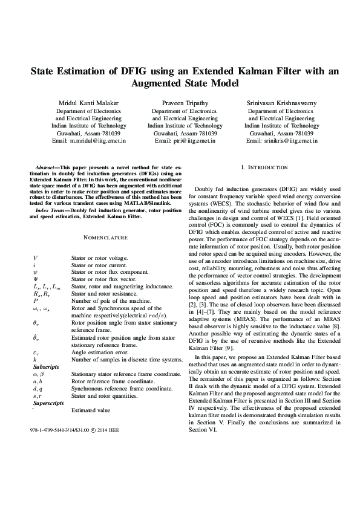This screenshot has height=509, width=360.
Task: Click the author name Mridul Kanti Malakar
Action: tap(88, 103)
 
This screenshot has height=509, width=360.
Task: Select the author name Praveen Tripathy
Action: tap(185, 103)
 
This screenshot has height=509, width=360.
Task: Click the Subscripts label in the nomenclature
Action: tap(45, 349)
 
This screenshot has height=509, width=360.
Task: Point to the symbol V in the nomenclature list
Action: tap(35, 258)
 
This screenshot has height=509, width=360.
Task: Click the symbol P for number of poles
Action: tap(35, 300)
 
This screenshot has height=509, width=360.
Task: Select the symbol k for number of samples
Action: tap(35, 342)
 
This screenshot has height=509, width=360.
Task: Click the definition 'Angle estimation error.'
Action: tap(96, 335)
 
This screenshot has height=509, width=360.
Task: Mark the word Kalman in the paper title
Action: tap(278, 71)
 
